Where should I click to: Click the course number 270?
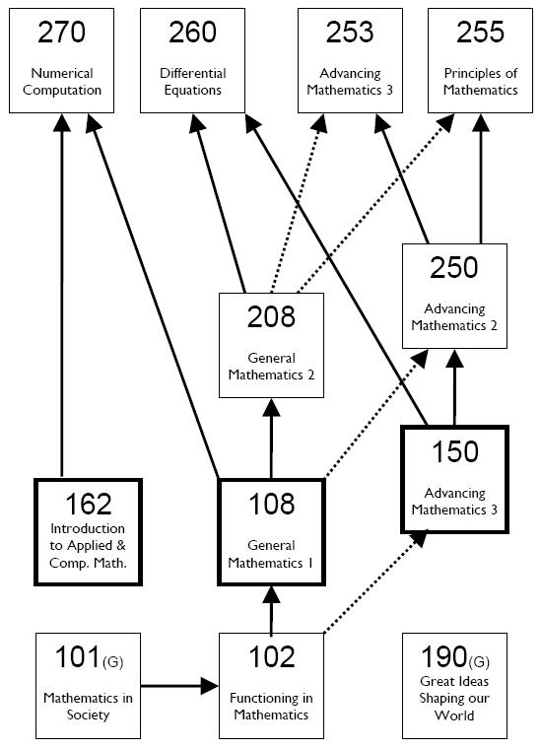pos(62,32)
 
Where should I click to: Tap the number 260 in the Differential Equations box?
pos(192,32)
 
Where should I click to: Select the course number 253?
pos(350,32)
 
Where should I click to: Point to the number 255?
pos(480,32)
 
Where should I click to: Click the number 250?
pos(454,267)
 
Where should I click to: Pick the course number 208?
pos(271,316)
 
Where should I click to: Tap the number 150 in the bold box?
pos(455,452)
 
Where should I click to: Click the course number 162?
pos(89,504)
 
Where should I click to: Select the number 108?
pos(272,504)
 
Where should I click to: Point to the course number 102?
pos(272,657)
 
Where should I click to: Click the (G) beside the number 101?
pos(112,662)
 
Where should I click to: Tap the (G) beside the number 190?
pos(479,662)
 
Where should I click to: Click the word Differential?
pos(193,73)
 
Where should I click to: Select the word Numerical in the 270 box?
pos(62,73)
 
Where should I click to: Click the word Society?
pos(89,715)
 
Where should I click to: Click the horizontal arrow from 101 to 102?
pos(179,686)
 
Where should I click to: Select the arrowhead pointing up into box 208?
pos(271,407)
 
